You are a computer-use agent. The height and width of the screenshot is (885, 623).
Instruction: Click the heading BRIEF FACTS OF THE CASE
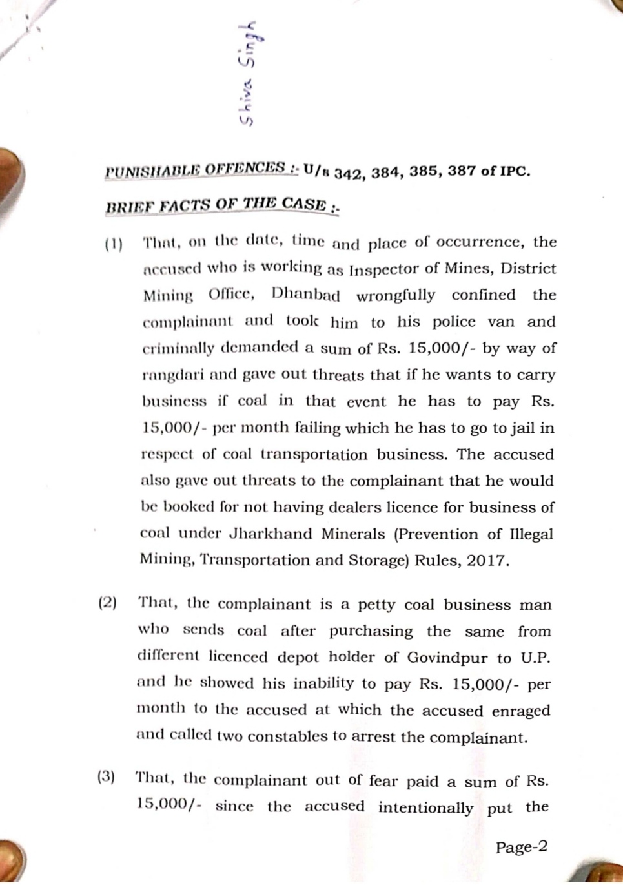[217, 205]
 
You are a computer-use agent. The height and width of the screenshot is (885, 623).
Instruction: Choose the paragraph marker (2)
[107, 603]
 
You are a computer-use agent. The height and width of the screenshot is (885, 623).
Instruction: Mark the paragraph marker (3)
[107, 777]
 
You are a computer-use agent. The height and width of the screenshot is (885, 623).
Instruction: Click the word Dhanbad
[305, 295]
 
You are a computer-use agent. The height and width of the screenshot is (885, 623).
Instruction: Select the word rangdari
[169, 375]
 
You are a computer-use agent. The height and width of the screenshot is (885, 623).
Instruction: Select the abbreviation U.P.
[533, 658]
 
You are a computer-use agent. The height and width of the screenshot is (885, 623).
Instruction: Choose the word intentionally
[425, 807]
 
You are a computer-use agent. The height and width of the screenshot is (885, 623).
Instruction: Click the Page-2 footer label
[521, 847]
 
